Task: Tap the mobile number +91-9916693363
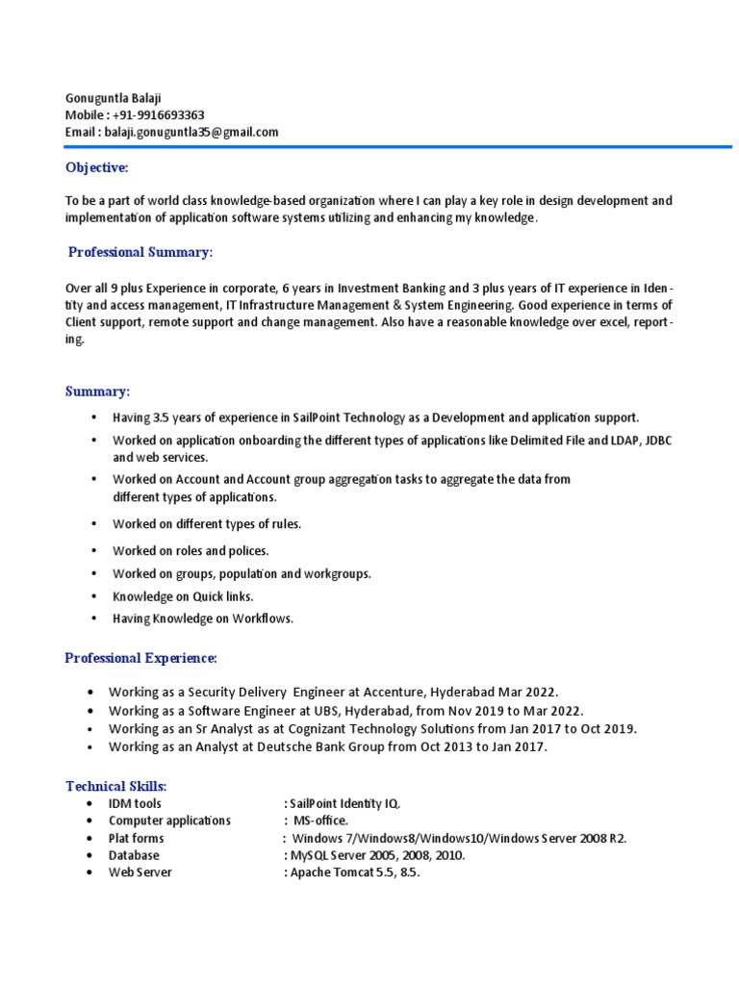coord(156,115)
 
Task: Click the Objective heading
coord(96,168)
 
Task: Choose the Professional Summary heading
coord(140,252)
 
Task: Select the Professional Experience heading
coord(140,658)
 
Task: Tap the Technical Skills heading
coord(115,787)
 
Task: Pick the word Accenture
coord(391,693)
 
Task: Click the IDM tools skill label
coord(135,803)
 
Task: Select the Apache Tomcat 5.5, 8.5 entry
coord(355,872)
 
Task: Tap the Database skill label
coord(134,855)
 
